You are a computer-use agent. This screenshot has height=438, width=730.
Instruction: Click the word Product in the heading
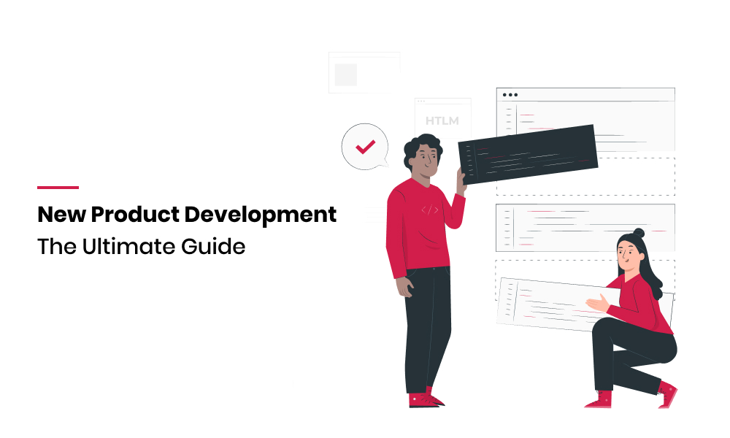coord(135,215)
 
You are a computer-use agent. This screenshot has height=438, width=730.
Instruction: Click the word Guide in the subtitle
coord(213,247)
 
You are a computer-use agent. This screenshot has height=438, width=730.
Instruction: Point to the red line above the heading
coord(58,188)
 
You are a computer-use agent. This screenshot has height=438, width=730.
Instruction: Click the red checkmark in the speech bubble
coord(366,147)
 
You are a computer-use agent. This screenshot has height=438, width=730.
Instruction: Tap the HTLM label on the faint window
coord(442,121)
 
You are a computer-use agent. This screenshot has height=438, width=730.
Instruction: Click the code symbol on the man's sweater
coord(430,210)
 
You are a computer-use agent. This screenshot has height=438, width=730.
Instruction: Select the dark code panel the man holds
coord(528,154)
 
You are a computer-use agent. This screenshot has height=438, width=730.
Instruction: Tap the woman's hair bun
coord(639,232)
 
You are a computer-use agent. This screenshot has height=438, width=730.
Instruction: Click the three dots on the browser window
coord(510,95)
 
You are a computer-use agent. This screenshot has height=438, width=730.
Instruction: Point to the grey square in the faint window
coord(345,74)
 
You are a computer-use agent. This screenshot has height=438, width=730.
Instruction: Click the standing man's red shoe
coord(425,399)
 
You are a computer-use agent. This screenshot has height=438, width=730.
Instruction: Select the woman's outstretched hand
coord(598,303)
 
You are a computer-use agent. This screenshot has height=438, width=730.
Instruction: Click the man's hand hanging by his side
coord(404,286)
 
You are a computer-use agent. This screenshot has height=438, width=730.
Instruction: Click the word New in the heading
coord(61,215)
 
